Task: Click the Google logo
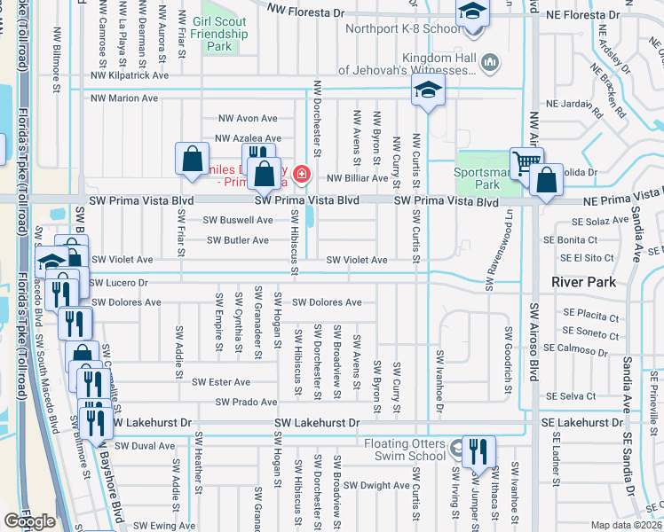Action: click(29, 520)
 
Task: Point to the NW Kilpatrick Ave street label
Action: click(129, 76)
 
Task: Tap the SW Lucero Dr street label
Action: click(118, 282)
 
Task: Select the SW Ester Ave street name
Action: click(221, 382)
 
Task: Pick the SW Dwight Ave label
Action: click(376, 485)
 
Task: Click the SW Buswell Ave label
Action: click(238, 220)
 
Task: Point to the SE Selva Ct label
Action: click(572, 395)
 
